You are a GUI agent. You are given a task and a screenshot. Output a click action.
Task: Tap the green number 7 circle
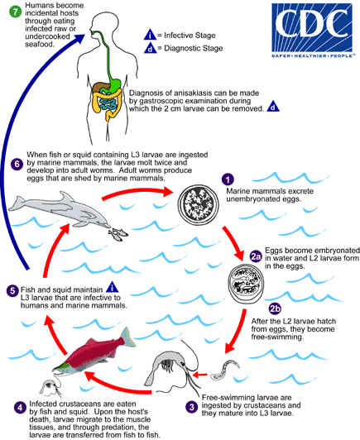pos(11,10)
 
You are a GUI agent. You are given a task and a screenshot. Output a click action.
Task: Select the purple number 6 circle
pos(12,164)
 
